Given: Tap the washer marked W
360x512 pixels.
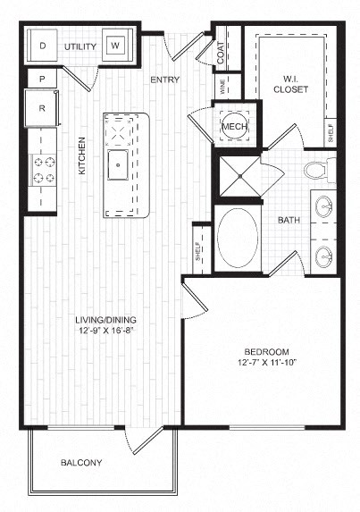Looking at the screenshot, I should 116,45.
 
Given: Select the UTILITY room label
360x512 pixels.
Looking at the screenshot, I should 80,44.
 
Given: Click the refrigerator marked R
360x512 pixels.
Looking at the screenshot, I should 41,107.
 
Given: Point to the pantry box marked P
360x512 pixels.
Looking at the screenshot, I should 41,80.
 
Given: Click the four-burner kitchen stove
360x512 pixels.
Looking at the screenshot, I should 43,167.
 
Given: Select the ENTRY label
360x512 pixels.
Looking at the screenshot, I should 165,80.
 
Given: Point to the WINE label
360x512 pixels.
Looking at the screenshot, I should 223,87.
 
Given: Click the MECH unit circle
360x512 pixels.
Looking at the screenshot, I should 234,127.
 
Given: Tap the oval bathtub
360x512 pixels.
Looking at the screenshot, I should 238,239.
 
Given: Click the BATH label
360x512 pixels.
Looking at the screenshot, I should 288,219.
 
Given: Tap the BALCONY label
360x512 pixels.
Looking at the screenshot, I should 80,463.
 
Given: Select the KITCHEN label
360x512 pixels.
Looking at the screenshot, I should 81,155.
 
